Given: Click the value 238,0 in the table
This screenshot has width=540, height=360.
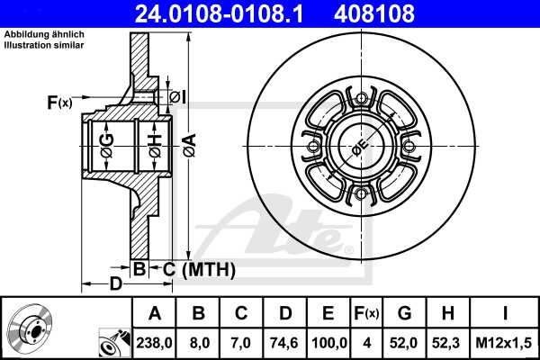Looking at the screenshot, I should click(x=155, y=342).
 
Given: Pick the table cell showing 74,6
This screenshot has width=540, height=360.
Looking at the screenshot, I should click(x=285, y=342).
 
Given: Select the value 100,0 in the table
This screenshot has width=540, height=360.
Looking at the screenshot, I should click(x=328, y=342).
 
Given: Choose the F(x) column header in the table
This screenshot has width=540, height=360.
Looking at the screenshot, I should click(x=367, y=313).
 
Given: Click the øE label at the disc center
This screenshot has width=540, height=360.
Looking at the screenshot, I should click(x=359, y=147).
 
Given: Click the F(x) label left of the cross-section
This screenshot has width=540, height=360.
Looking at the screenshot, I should click(x=58, y=103).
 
